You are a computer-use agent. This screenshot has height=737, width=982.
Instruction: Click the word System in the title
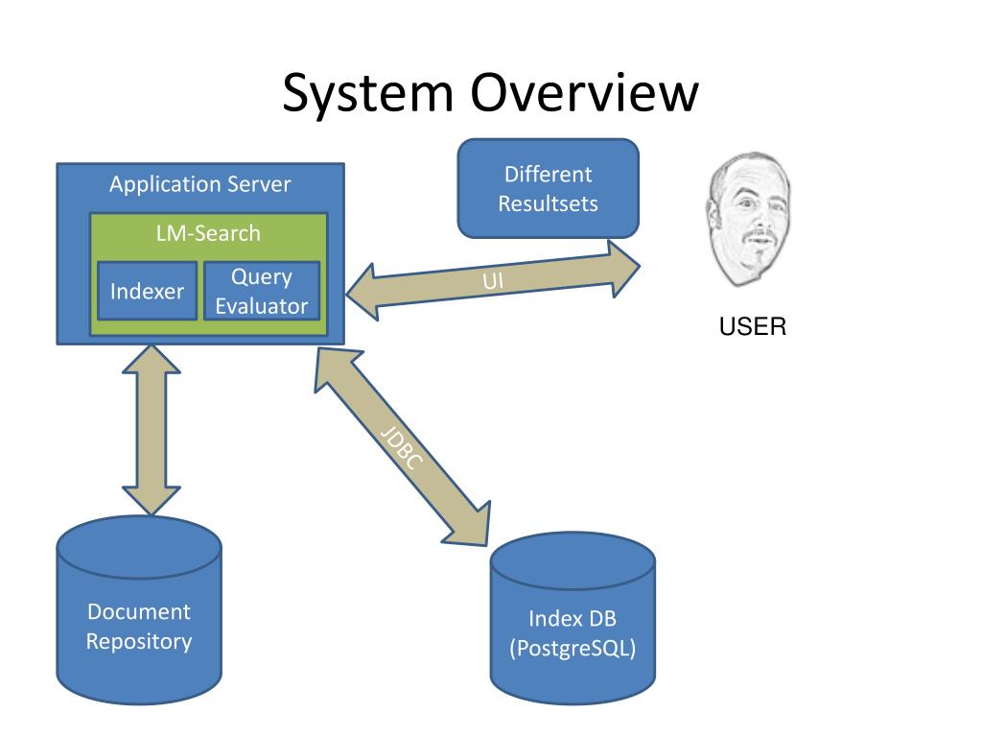(367, 94)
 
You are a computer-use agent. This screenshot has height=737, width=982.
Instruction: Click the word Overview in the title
(584, 92)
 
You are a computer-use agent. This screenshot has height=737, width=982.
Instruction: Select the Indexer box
(147, 291)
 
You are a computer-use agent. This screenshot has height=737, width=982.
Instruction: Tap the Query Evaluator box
(262, 291)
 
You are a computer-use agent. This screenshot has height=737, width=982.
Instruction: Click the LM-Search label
(208, 233)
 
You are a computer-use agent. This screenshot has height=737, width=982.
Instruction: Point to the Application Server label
(199, 184)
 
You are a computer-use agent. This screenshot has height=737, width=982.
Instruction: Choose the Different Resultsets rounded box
(548, 189)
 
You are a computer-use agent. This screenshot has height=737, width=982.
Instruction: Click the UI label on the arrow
(493, 281)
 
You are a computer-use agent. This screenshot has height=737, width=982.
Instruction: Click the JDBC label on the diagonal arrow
(402, 448)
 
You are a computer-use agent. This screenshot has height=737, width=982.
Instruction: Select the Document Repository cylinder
(139, 610)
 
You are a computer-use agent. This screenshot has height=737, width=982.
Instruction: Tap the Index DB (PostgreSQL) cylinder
(573, 618)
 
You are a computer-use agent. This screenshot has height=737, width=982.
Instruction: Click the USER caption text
(752, 326)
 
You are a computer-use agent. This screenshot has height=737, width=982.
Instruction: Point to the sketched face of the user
(748, 219)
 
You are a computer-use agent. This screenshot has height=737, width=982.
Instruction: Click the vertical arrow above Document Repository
(152, 430)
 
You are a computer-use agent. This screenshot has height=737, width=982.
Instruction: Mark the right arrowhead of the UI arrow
(623, 269)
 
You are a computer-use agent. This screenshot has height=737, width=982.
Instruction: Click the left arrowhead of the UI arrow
(362, 292)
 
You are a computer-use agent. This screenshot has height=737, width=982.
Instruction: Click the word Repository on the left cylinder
(139, 642)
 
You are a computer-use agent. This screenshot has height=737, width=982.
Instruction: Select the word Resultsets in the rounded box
(548, 203)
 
